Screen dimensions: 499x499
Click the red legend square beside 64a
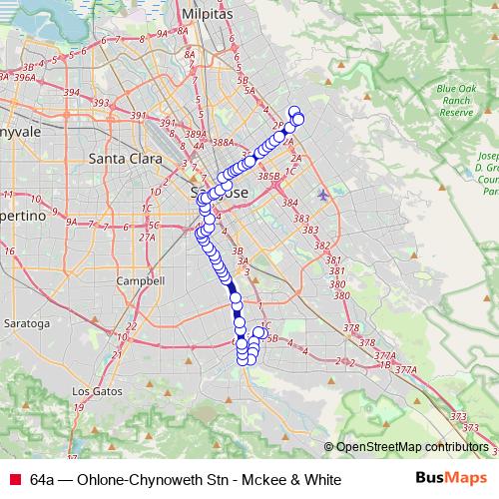[14, 479]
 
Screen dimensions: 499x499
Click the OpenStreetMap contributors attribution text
[412, 446]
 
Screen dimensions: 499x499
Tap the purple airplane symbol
[321, 194]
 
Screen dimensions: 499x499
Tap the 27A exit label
[147, 238]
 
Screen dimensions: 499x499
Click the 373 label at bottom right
[458, 415]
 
